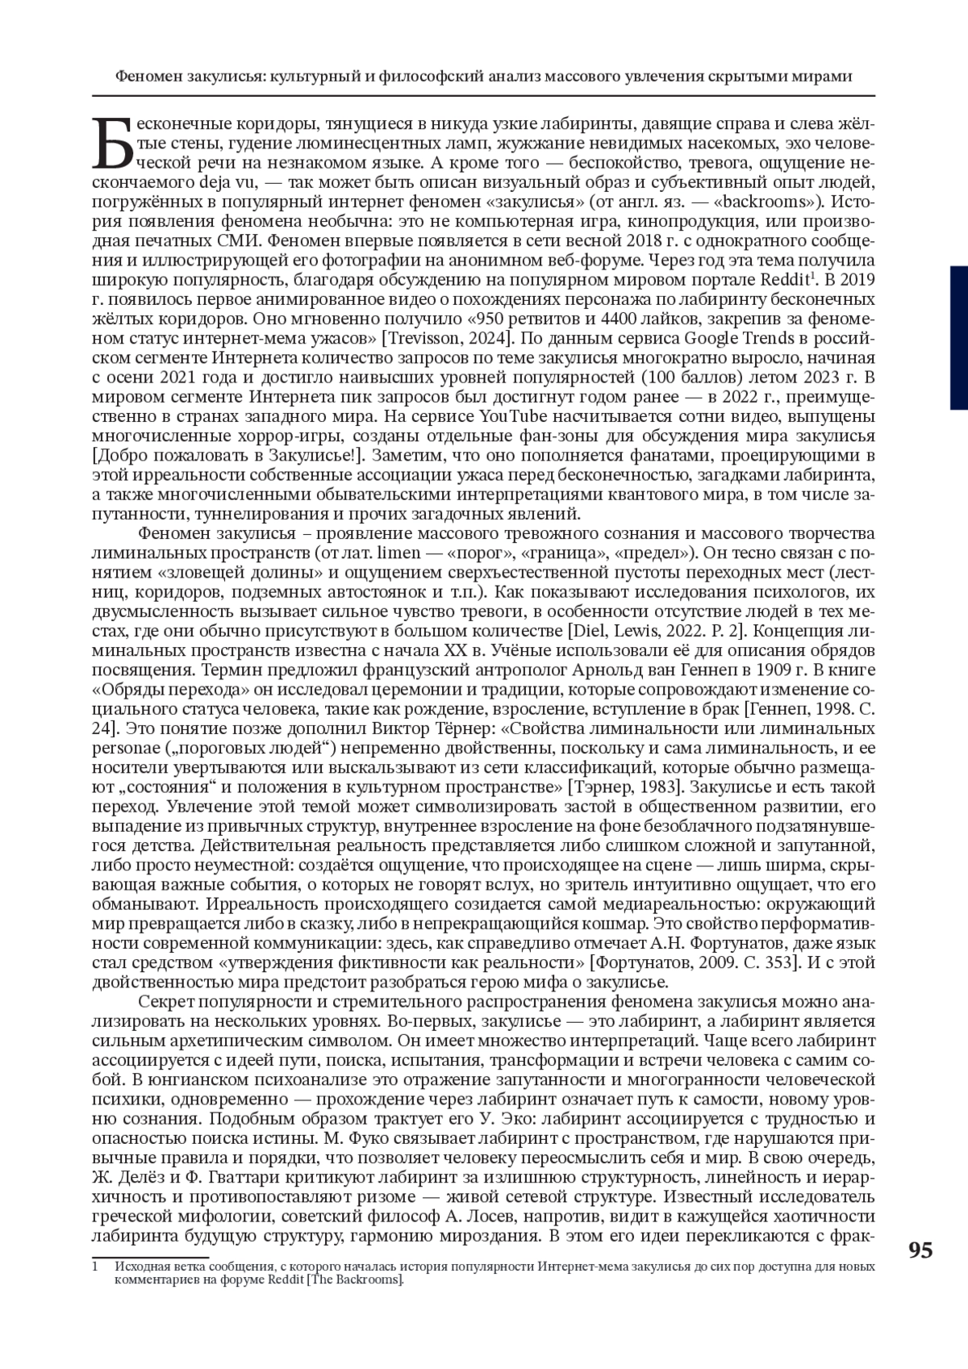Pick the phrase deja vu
pos(185,182)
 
